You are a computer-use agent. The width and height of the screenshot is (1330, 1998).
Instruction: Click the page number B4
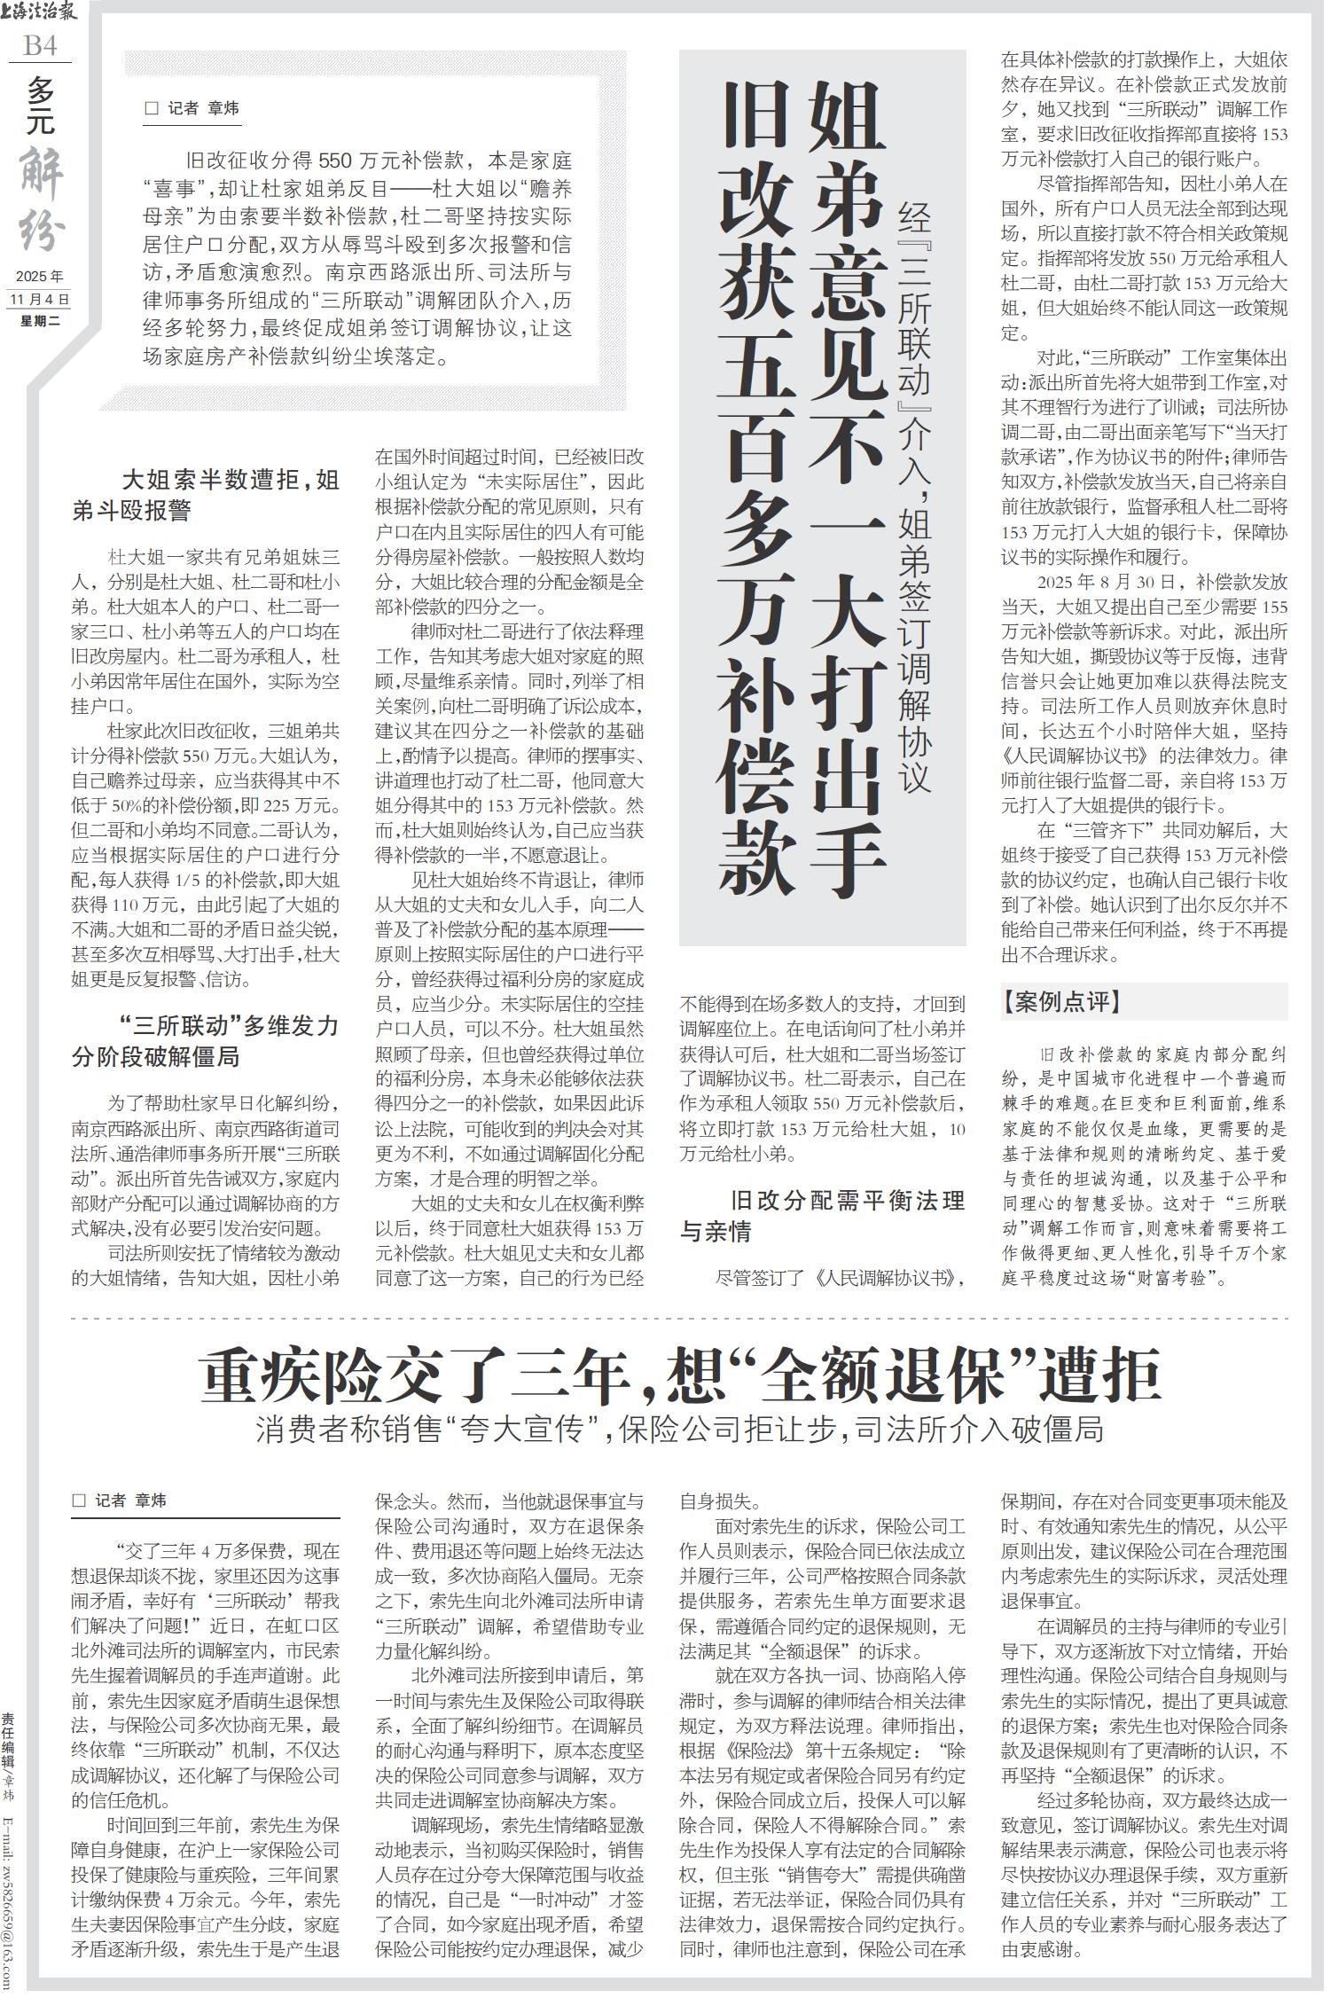(40, 44)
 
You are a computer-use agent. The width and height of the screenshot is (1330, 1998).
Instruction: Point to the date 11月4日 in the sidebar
(40, 299)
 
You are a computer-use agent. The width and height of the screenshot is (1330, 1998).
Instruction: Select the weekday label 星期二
(40, 321)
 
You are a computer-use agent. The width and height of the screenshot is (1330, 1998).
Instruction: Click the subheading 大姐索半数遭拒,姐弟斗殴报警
(206, 496)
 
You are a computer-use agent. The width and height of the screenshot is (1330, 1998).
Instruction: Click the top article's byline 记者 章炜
(192, 108)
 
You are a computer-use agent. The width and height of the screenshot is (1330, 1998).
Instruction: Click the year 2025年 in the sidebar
(40, 276)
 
